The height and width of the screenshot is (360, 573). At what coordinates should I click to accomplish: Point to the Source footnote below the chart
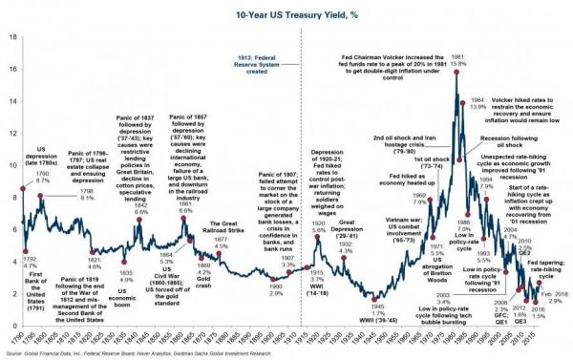tap(143, 354)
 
